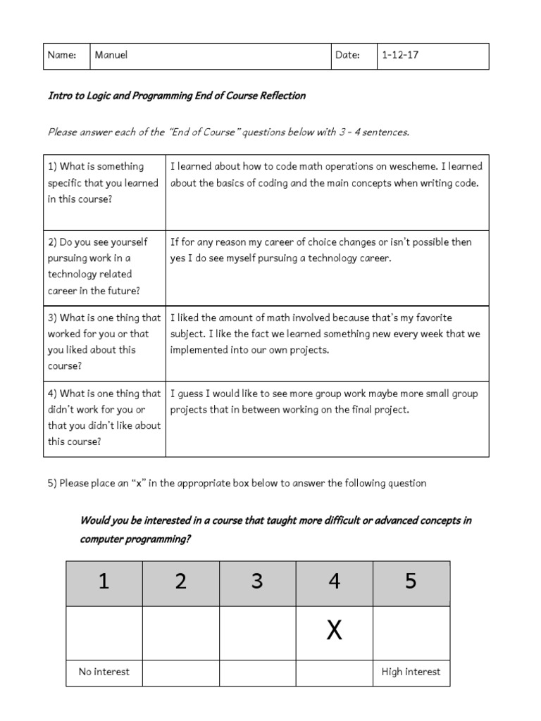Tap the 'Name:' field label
pos(62,56)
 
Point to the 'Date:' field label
pos(347,56)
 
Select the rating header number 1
pos(104,582)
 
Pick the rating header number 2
pos(181,582)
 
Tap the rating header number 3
pos(258,582)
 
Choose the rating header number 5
pos(411,582)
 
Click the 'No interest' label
pos(104,672)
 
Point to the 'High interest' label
pos(411,672)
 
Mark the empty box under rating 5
pos(411,632)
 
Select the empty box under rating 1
pos(104,632)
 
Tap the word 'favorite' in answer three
pos(433,318)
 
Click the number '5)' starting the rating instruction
pos(52,483)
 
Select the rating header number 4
pos(335,582)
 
